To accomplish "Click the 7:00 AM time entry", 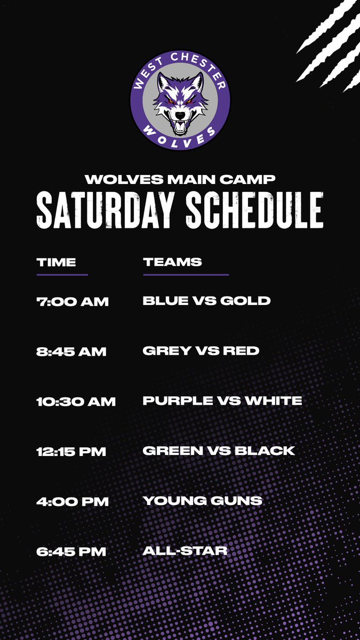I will tap(73, 301).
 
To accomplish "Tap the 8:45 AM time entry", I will tap(71, 351).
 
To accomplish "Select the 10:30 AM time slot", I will tap(76, 402).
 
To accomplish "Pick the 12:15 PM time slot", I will tap(71, 452).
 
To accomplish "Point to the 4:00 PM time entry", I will tap(73, 502).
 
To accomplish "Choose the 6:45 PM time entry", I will tap(71, 552).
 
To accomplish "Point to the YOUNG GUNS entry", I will tap(203, 501).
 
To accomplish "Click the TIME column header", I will tap(57, 262).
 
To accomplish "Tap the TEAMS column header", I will tap(172, 262).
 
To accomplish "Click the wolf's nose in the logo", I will tap(181, 115).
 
